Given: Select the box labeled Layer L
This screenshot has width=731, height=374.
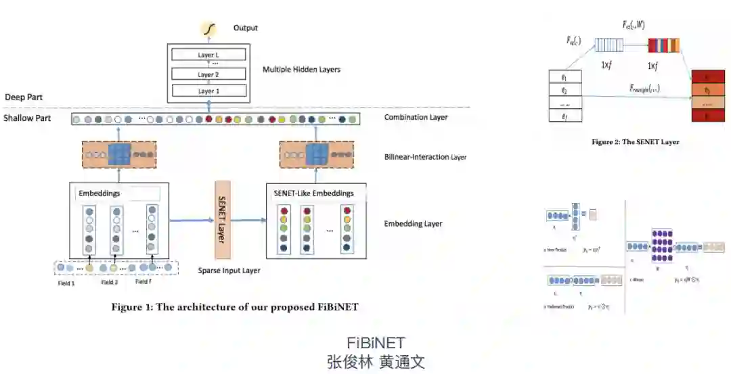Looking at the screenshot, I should click(x=208, y=55).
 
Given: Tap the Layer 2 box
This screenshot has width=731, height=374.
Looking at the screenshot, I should click(x=208, y=74).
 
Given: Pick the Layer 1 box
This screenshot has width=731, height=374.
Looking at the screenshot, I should click(x=208, y=91).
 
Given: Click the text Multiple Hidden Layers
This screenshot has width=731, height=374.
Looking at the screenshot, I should click(x=301, y=70).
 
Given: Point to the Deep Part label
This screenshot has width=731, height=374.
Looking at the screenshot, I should click(x=24, y=97).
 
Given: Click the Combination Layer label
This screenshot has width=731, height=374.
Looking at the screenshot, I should click(x=416, y=118).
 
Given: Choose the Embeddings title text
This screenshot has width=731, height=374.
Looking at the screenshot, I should click(x=99, y=193).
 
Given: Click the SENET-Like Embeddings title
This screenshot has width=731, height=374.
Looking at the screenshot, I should click(x=313, y=193).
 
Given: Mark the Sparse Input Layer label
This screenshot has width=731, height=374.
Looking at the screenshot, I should click(x=229, y=271).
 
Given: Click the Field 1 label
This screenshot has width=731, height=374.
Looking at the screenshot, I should click(x=65, y=282).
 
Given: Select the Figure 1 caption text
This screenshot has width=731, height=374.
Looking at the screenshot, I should click(x=235, y=307).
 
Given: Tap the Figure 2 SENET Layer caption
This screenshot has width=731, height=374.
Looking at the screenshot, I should click(x=635, y=142).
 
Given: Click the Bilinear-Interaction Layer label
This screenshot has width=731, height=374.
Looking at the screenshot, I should click(x=425, y=157).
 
